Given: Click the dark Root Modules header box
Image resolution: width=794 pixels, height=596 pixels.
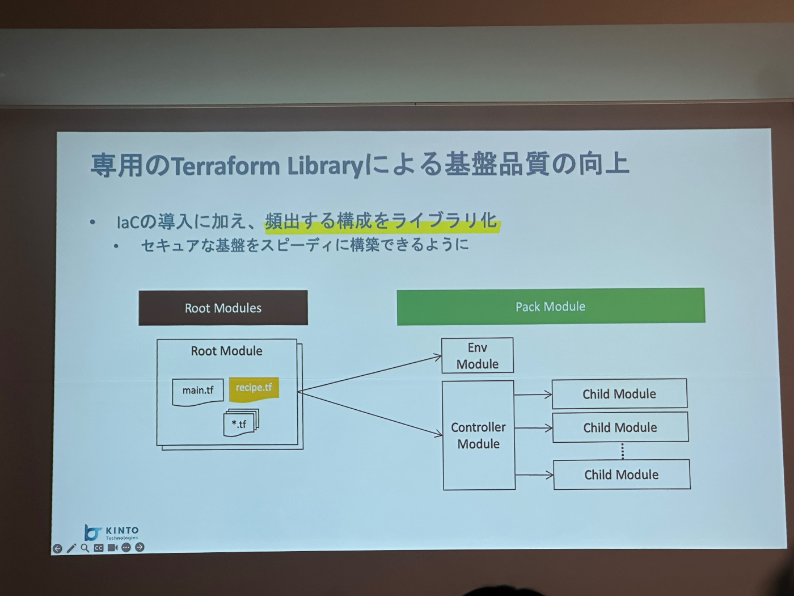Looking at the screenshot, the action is [223, 308].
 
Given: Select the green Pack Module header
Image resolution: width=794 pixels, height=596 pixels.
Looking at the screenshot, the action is [550, 307].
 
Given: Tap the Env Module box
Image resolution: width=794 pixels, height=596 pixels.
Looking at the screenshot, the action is [478, 356].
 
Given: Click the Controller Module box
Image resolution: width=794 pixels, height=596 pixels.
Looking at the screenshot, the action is [479, 435].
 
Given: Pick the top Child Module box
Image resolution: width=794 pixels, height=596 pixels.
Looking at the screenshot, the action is [619, 394].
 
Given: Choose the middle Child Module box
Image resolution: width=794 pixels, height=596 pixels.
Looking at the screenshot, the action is [620, 427].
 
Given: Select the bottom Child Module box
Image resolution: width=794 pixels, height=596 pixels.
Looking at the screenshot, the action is [622, 475].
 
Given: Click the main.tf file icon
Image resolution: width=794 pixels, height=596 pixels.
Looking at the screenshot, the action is [198, 392].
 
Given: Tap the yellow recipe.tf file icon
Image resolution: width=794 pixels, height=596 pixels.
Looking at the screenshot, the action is [254, 388].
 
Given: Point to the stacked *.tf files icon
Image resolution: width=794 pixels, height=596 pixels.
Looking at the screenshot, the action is [241, 423].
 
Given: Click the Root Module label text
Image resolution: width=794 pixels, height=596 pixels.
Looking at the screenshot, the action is [226, 351].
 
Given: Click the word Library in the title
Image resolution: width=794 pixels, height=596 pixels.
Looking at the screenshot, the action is [324, 166].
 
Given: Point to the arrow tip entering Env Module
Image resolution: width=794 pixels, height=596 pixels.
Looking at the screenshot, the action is [438, 357].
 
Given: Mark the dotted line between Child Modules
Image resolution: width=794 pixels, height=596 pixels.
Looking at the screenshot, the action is [622, 451].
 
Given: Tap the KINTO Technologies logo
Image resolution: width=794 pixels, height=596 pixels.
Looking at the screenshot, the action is [112, 532].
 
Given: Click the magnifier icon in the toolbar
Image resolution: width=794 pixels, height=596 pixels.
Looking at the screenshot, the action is [85, 548].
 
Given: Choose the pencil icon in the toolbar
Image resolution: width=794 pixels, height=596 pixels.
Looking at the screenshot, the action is [71, 548].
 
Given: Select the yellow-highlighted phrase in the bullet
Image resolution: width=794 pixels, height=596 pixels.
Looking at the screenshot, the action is [381, 220].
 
